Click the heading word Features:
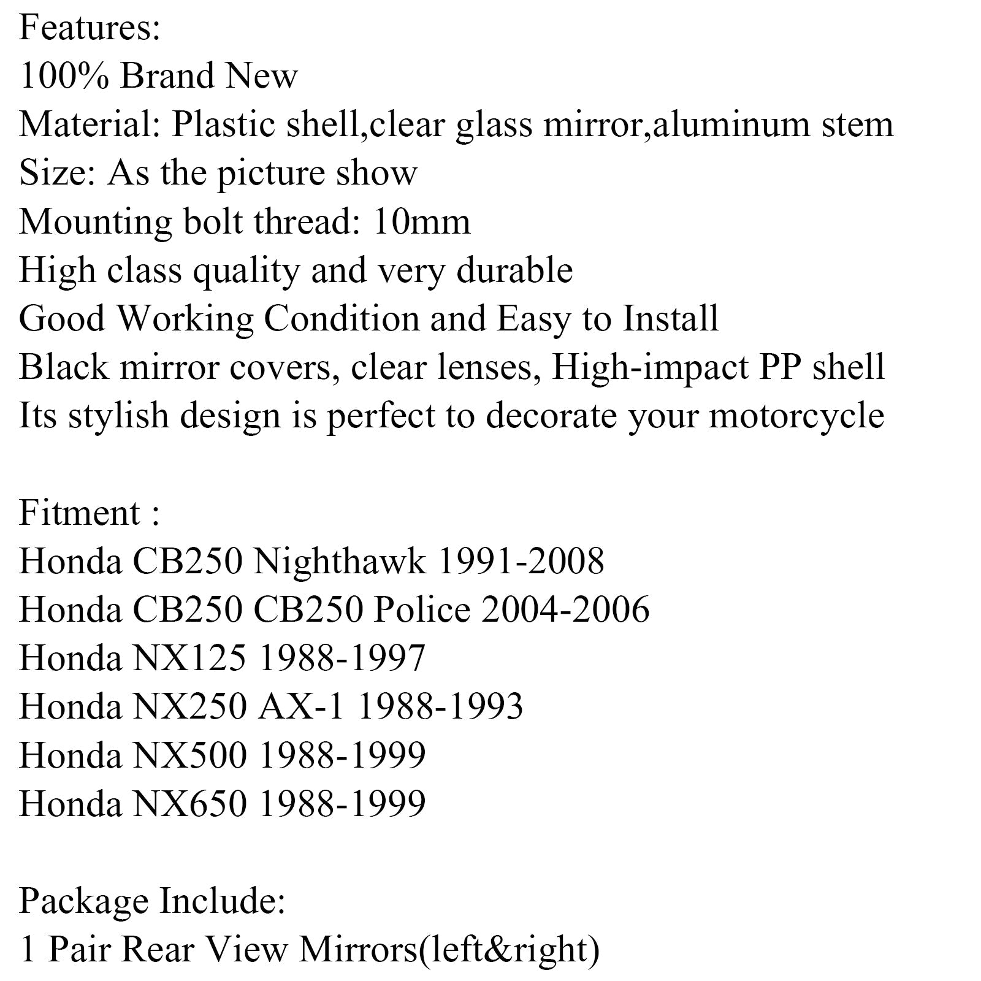90,28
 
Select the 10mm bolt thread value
421,221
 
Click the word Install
671,318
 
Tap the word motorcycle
796,416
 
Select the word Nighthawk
339,561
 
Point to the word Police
422,609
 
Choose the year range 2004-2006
565,609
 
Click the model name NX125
189,658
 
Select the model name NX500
189,755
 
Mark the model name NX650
189,804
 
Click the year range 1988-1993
440,706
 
